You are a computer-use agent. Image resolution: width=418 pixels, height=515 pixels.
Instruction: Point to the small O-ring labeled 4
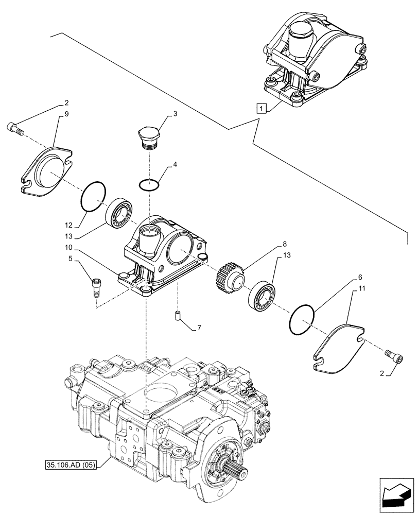pos(149,184)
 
